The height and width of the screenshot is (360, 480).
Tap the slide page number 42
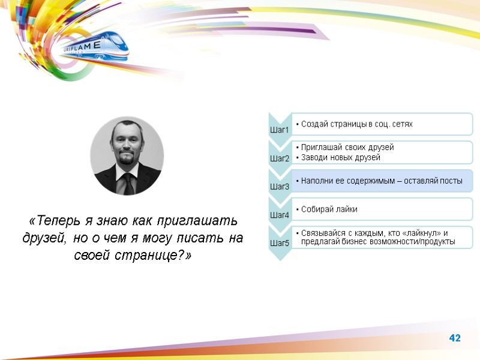(x=455, y=339)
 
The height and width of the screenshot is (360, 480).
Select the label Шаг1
(x=280, y=130)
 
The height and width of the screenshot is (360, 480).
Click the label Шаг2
(x=280, y=158)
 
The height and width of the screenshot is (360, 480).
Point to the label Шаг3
(x=280, y=187)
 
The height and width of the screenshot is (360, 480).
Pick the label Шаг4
(x=280, y=215)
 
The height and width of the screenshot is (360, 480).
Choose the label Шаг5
(x=280, y=243)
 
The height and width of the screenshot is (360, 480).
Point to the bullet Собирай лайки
(x=329, y=209)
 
